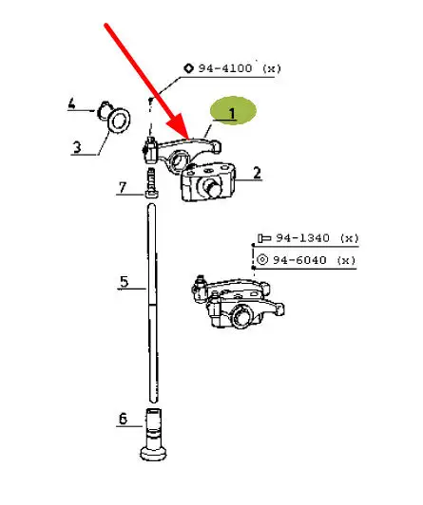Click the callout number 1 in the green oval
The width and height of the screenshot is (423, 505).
click(x=232, y=114)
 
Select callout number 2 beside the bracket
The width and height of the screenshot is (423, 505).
click(x=257, y=173)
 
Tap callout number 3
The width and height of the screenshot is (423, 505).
click(x=77, y=147)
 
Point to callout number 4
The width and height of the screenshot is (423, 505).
click(x=71, y=104)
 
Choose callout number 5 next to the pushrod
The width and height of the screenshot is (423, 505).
click(x=125, y=282)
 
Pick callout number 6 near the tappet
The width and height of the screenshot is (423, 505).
click(x=124, y=419)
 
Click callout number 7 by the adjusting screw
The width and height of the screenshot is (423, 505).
click(x=122, y=187)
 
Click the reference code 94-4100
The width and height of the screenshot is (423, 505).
click(x=224, y=68)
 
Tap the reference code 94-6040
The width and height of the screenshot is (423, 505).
click(x=299, y=260)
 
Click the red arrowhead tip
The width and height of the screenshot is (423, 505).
click(x=188, y=139)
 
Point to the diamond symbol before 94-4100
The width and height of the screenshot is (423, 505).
click(x=188, y=68)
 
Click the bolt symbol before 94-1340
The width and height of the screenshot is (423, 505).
click(x=264, y=238)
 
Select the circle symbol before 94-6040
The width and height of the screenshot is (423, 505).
click(x=262, y=259)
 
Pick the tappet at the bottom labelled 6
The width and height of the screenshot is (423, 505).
click(x=153, y=434)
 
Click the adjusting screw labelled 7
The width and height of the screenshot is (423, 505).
click(x=152, y=182)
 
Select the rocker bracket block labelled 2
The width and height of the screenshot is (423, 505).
click(x=208, y=182)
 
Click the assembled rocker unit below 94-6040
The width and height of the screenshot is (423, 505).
click(x=238, y=301)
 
